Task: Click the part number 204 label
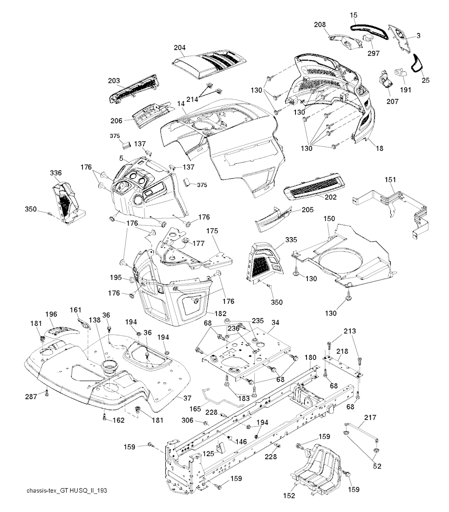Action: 180,48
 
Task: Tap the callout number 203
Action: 114,81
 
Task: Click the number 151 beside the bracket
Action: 390,180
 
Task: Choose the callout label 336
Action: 56,173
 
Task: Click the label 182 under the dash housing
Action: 221,314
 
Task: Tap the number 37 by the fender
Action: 187,398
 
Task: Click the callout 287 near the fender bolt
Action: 31,397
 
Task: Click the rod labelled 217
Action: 362,431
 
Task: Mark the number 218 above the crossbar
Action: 342,351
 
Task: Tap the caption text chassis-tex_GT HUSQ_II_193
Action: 67,491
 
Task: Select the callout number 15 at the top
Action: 353,15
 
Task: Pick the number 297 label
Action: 374,53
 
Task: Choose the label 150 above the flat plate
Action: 329,218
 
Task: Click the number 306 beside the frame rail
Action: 188,420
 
